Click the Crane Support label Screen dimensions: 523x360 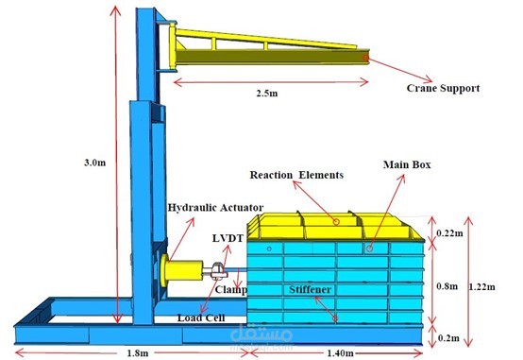coord(443,88)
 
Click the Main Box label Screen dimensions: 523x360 coord(407,164)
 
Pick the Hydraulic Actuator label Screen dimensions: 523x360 coord(215,207)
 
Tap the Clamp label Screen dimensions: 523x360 coord(230,289)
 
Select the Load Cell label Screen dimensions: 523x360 coord(201,317)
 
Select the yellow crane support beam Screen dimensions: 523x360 coord(264,49)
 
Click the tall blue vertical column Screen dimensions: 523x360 coord(147,142)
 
